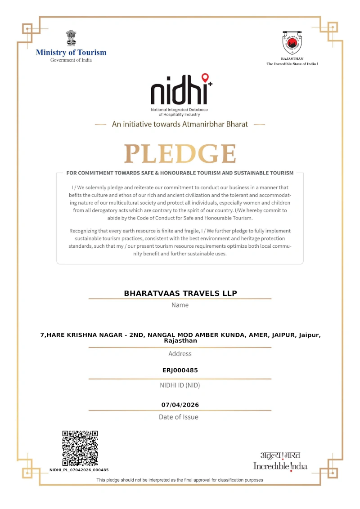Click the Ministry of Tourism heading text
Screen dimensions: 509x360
pyautogui.click(x=71, y=53)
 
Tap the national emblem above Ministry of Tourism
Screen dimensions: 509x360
pyautogui.click(x=71, y=38)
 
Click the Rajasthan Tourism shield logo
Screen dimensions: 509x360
pyautogui.click(x=292, y=43)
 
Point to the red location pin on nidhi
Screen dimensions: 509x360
pyautogui.click(x=205, y=78)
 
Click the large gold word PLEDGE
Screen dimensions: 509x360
pyautogui.click(x=180, y=154)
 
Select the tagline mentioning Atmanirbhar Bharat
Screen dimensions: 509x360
pyautogui.click(x=180, y=124)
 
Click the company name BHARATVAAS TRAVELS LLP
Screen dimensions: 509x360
pyautogui.click(x=180, y=293)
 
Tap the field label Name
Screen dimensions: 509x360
pyautogui.click(x=180, y=305)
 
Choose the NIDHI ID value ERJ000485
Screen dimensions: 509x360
pyautogui.click(x=180, y=371)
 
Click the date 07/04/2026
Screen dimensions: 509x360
pyautogui.click(x=180, y=405)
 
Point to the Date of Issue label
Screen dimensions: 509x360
pyautogui.click(x=179, y=417)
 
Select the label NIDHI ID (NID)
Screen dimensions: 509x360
pyautogui.click(x=180, y=385)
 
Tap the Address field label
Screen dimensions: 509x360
pyautogui.click(x=180, y=353)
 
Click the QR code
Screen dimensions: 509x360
pyautogui.click(x=80, y=448)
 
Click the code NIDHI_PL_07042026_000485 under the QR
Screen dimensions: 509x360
pyautogui.click(x=79, y=470)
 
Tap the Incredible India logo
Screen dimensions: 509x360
pyautogui.click(x=280, y=461)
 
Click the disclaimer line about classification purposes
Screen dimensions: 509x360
pyautogui.click(x=180, y=480)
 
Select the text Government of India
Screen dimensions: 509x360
pyautogui.click(x=71, y=60)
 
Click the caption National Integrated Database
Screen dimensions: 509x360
pyautogui.click(x=180, y=110)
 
